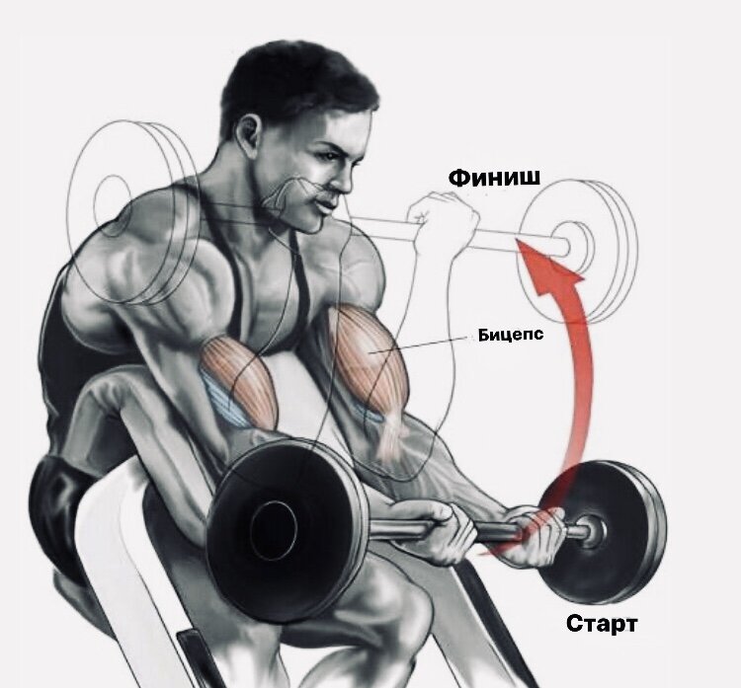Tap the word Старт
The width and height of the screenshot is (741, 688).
602,624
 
